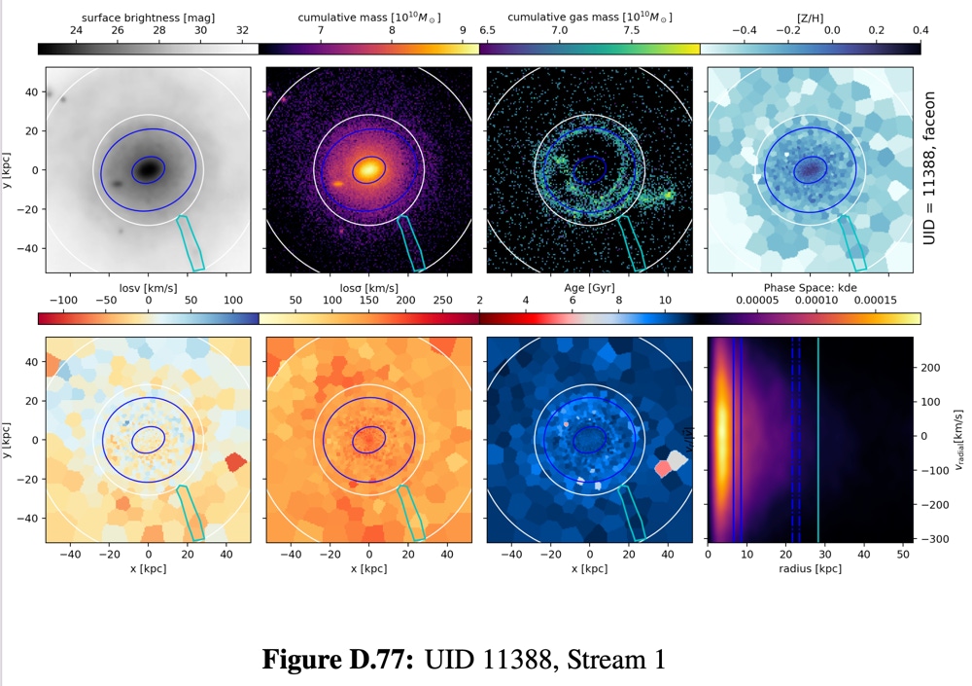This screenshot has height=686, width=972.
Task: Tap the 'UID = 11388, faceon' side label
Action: pos(929,168)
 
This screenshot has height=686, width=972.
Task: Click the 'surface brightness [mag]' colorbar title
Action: pos(149,18)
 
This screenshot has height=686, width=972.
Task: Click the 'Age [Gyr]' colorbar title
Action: pos(589,288)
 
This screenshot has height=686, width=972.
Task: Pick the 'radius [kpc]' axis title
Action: pos(810,568)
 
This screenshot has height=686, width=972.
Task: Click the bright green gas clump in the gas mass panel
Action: pos(668,196)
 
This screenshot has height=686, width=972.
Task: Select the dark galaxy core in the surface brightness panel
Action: pos(148,169)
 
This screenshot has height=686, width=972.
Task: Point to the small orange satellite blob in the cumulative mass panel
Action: pos(338,183)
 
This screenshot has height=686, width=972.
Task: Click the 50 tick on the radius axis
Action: pos(903,555)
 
